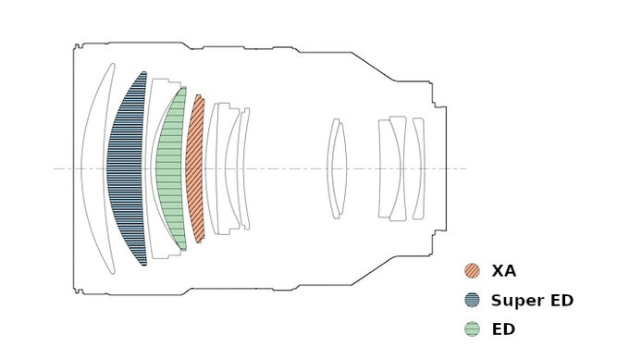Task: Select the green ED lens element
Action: point(170,168)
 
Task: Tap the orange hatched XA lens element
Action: point(195,168)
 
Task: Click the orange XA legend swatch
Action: point(472,270)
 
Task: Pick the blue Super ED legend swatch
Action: point(472,300)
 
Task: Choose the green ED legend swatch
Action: point(472,329)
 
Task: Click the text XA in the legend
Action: point(504,271)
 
